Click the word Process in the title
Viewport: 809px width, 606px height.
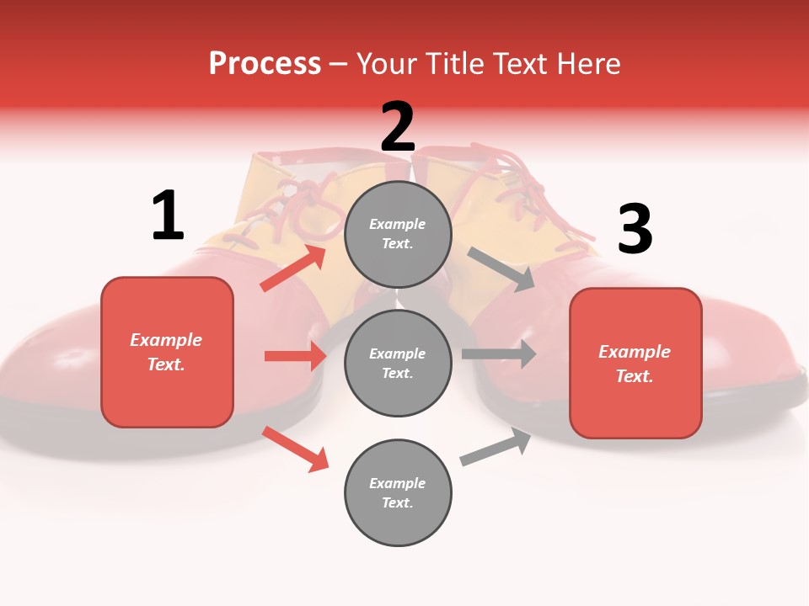pos(265,64)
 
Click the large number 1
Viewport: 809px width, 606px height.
pos(168,216)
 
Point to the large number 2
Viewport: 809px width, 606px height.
pos(398,127)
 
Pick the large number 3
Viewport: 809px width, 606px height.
pos(635,230)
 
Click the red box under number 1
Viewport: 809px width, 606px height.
pos(167,352)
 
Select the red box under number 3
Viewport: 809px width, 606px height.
pos(635,363)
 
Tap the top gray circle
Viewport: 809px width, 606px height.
pos(398,234)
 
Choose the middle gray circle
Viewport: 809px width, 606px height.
pos(398,363)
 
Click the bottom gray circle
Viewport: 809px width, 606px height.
pos(398,492)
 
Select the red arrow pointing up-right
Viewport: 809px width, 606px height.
pos(293,268)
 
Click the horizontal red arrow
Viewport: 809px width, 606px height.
pos(295,356)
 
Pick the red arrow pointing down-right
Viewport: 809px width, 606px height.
pos(296,449)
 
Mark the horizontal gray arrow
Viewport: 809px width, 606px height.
pos(499,353)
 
